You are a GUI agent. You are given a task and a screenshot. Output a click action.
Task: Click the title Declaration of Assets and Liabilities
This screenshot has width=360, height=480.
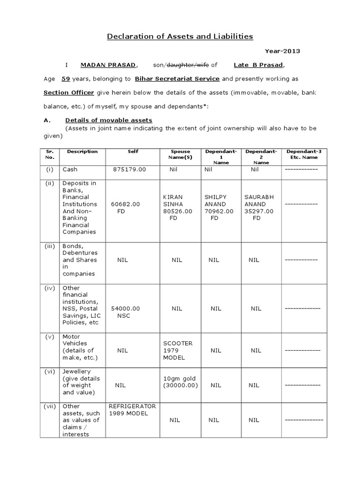(x=180, y=36)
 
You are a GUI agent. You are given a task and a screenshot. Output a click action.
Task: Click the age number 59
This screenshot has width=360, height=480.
(x=66, y=79)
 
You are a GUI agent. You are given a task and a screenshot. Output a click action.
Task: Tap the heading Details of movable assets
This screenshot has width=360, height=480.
(x=108, y=120)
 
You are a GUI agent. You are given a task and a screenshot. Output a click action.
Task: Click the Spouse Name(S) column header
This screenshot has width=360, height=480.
(x=180, y=154)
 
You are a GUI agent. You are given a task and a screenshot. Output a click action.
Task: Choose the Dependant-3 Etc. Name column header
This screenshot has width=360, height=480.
(x=304, y=154)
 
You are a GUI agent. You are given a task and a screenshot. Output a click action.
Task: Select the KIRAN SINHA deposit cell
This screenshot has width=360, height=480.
(x=177, y=208)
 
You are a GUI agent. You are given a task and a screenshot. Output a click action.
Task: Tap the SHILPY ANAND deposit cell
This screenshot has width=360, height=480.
(x=219, y=208)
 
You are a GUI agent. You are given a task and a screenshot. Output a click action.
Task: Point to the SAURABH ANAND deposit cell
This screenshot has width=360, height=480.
(x=260, y=208)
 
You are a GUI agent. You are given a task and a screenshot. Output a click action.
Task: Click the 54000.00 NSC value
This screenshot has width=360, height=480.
(x=125, y=312)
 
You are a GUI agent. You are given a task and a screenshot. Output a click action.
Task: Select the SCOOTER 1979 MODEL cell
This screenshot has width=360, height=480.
(x=178, y=350)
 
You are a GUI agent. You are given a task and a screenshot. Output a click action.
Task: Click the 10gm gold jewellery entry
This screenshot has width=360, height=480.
(x=180, y=382)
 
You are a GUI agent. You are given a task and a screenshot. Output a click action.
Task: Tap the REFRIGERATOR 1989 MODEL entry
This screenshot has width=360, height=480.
(x=132, y=410)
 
